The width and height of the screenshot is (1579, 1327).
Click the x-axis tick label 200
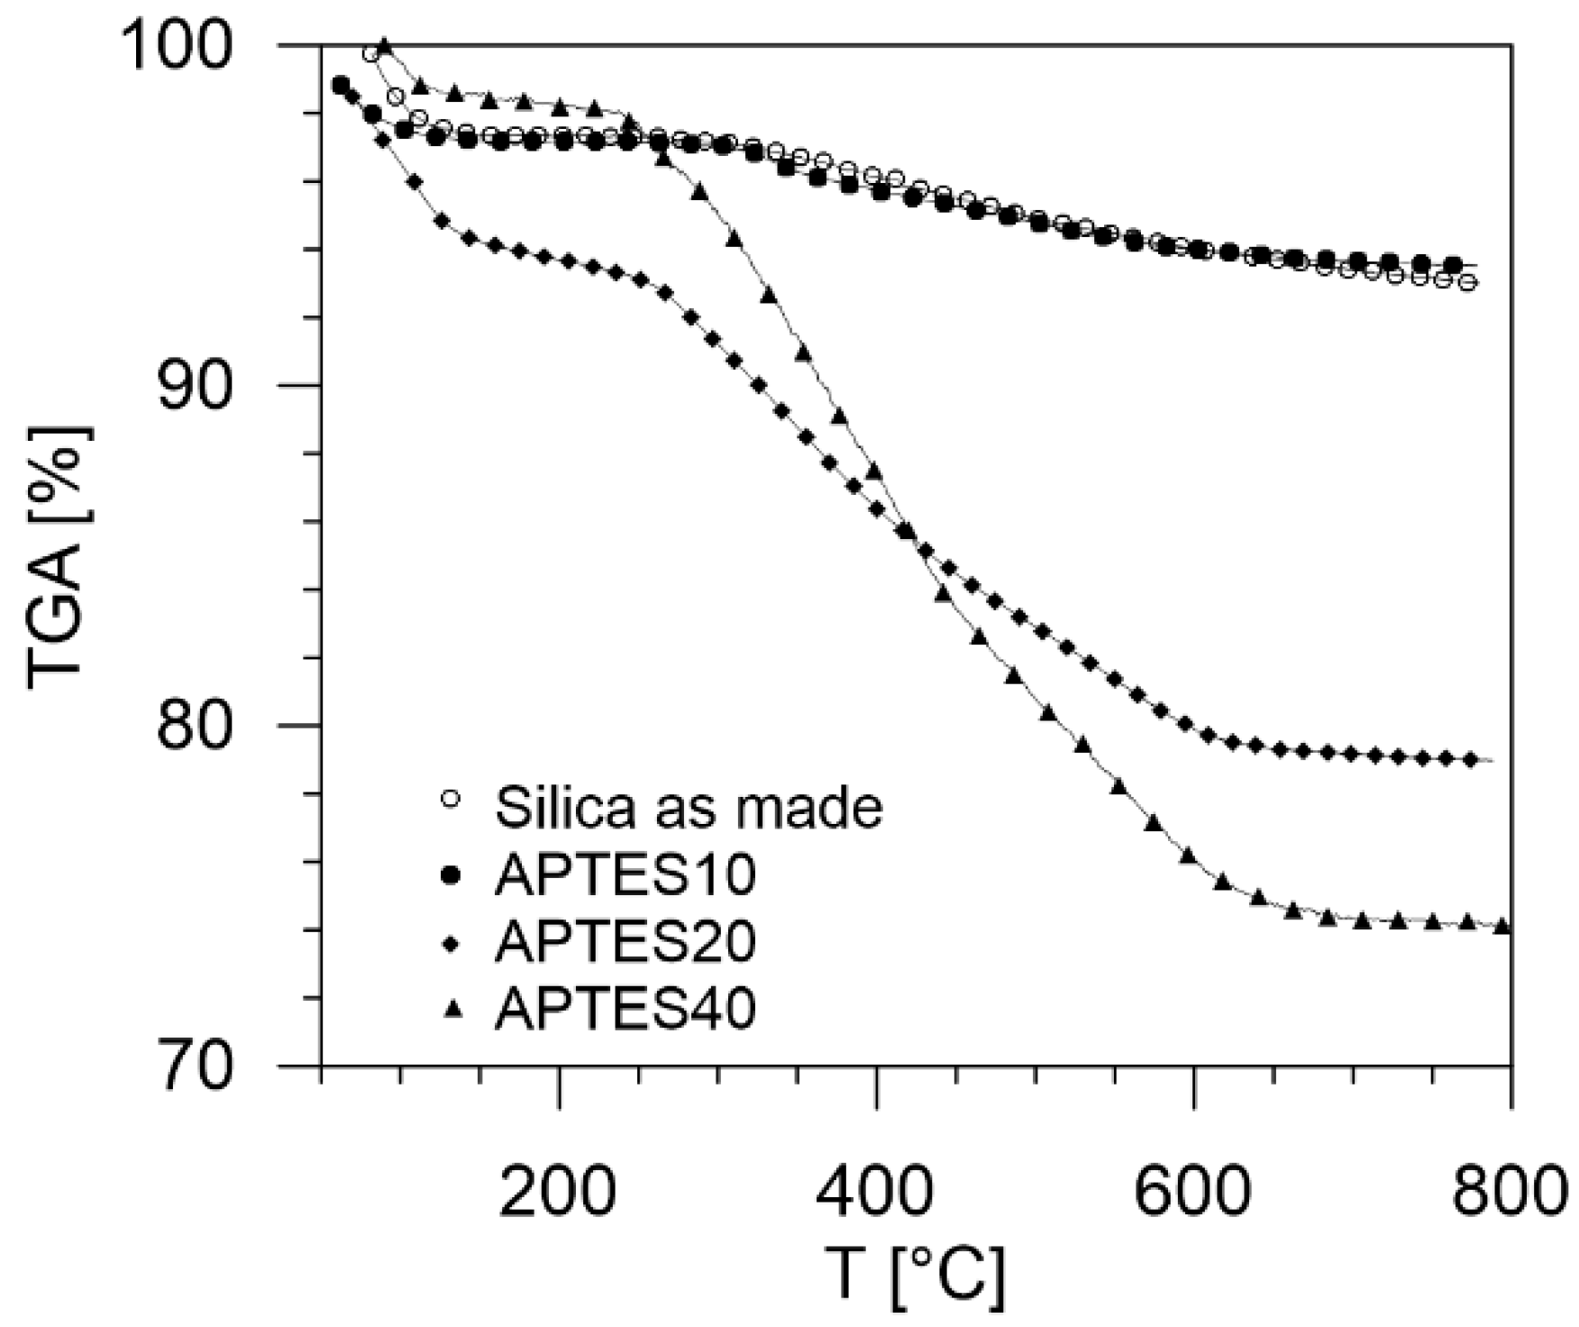(559, 1190)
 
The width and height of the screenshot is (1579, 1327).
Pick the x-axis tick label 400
(875, 1190)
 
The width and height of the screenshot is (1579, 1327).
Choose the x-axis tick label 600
(1192, 1190)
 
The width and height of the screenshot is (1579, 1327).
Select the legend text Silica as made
(689, 807)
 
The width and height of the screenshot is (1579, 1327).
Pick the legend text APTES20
(625, 941)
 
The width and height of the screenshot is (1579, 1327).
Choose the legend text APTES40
(625, 1009)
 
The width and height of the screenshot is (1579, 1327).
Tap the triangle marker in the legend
(453, 1009)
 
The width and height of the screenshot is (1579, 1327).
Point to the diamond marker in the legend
(453, 942)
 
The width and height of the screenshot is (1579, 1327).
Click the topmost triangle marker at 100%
(385, 45)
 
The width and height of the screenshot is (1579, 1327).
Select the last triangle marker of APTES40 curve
(1501, 926)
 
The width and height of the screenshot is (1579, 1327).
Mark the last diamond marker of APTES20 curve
(1470, 760)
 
